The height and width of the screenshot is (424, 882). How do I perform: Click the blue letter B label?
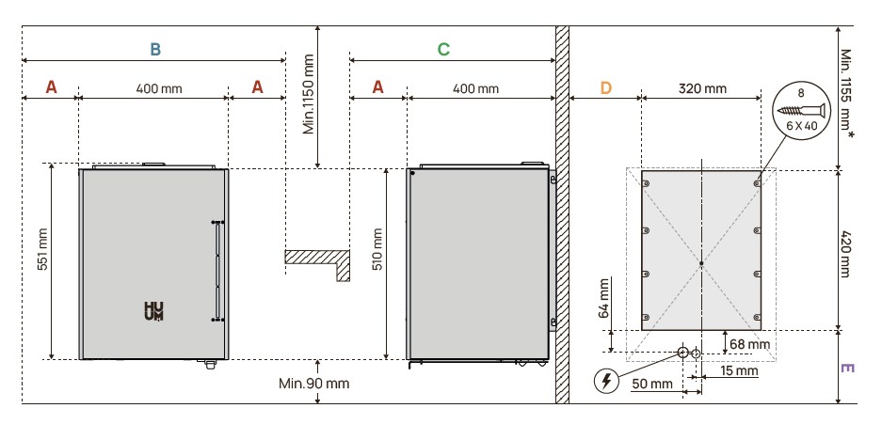pos(154,47)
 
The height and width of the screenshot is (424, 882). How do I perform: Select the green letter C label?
pos(442,47)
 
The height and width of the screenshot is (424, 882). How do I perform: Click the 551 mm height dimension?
pos(40,253)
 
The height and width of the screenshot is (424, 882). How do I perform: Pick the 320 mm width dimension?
pos(702,88)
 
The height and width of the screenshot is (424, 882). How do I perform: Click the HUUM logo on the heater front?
pos(152,312)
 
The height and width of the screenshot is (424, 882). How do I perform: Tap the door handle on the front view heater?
pos(217,272)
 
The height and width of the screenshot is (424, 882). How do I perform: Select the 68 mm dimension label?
pos(750,345)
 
